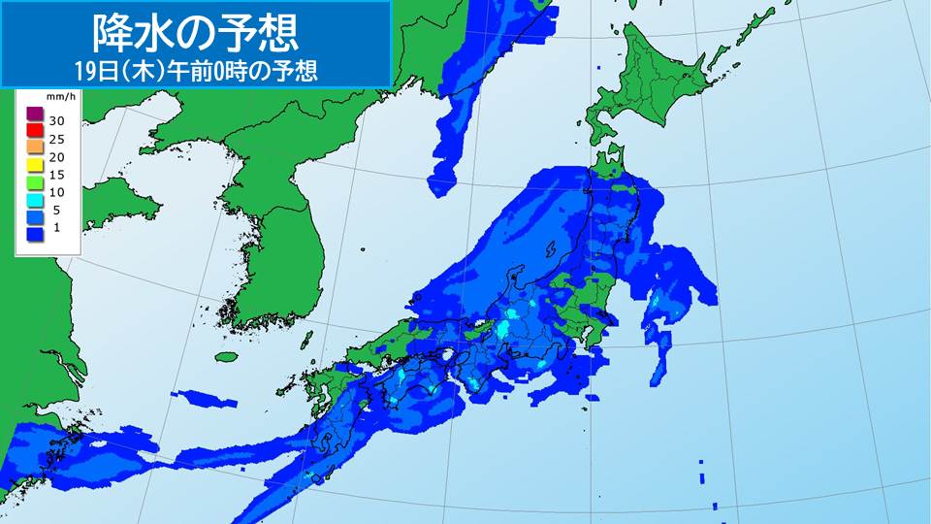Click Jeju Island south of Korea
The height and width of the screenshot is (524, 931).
coord(227,356)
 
